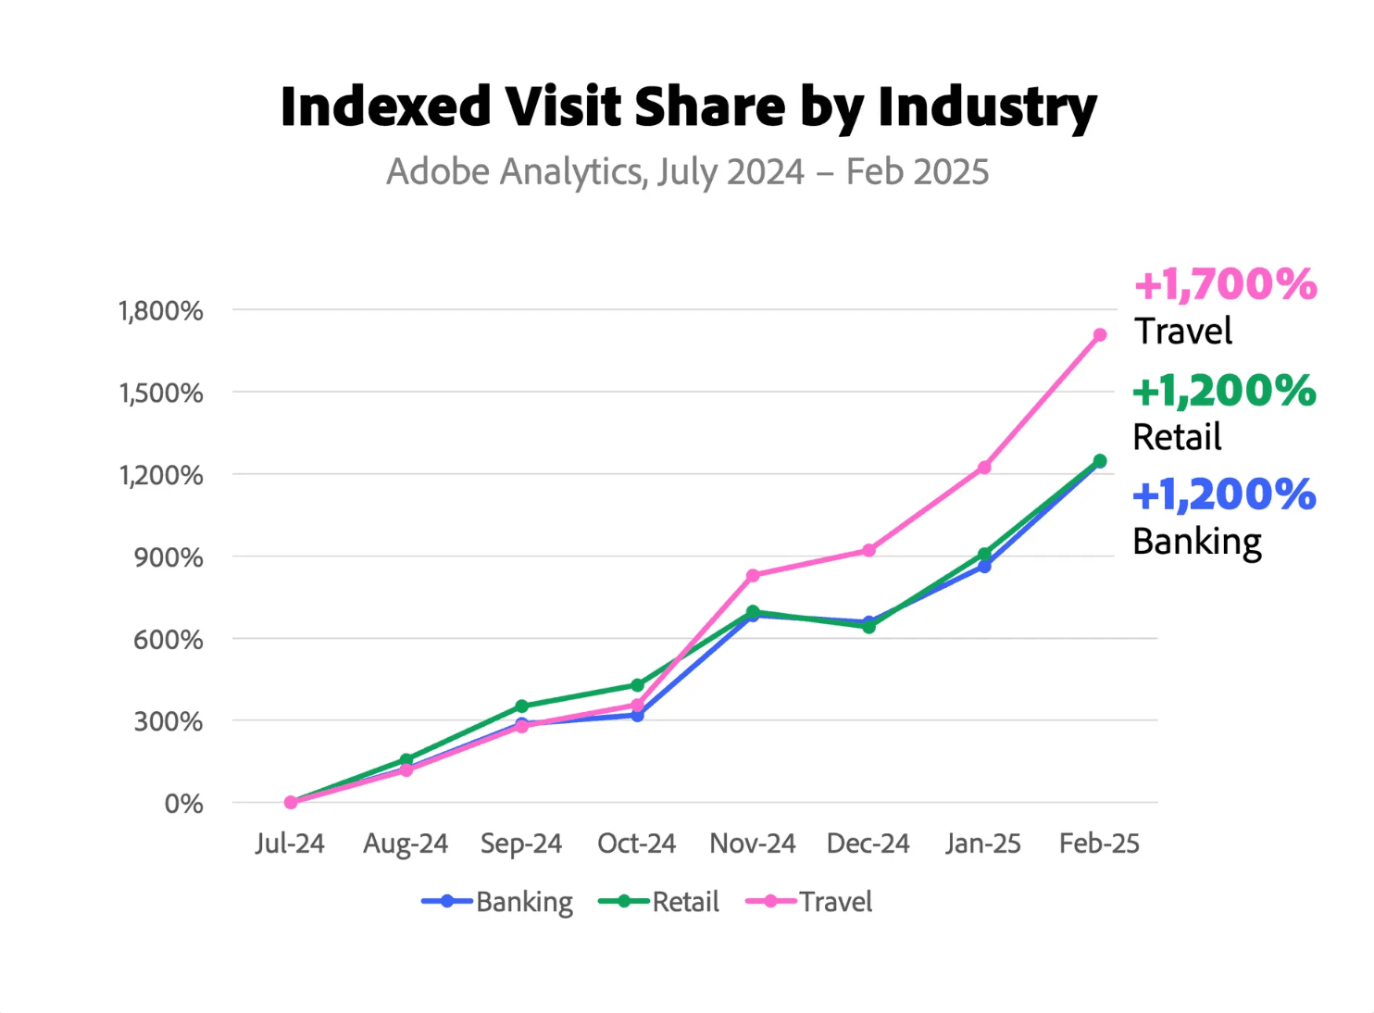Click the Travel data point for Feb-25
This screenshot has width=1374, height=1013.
click(x=1099, y=335)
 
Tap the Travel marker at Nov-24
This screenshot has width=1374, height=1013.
click(x=753, y=576)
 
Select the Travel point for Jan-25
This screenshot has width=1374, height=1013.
click(x=984, y=468)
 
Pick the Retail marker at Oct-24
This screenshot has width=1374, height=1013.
click(x=637, y=686)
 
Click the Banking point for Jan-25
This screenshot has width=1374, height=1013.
click(x=984, y=566)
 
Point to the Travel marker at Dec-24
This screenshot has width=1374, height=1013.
click(x=868, y=551)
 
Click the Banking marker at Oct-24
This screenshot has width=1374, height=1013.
click(x=637, y=716)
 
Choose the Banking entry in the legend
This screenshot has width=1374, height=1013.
click(x=497, y=902)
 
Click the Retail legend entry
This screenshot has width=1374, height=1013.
click(x=659, y=902)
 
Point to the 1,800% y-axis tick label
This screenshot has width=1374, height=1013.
click(x=161, y=311)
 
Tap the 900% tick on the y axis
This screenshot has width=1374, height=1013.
click(x=169, y=557)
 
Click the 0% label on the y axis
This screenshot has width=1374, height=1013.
click(x=184, y=804)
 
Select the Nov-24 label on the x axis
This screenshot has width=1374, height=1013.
click(x=753, y=844)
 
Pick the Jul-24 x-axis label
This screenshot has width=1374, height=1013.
click(x=290, y=844)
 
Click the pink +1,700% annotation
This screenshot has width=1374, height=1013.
click(x=1225, y=285)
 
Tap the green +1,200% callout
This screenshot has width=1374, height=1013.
click(x=1224, y=392)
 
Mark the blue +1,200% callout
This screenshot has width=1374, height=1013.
click(x=1224, y=495)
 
